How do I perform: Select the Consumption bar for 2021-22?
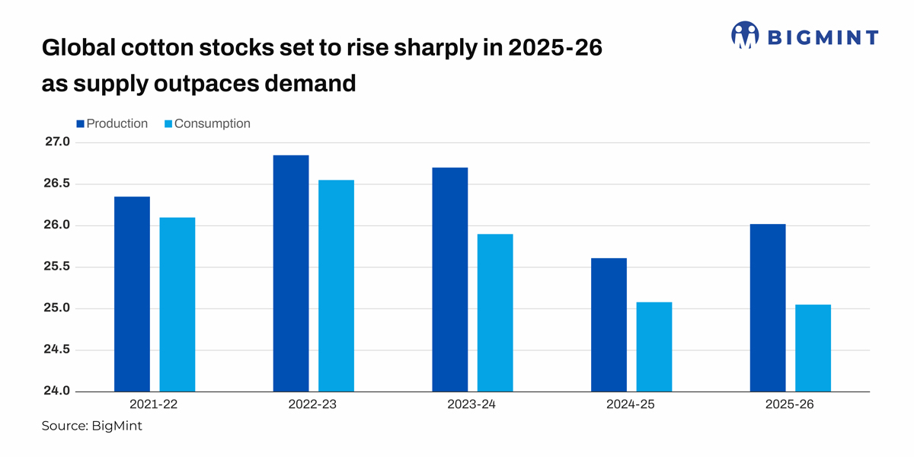(177, 305)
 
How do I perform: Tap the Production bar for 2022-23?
(291, 273)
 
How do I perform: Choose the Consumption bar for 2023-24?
(495, 313)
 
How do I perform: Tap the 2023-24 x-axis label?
(471, 405)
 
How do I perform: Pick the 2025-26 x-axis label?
(790, 405)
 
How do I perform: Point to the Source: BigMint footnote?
(91, 427)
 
